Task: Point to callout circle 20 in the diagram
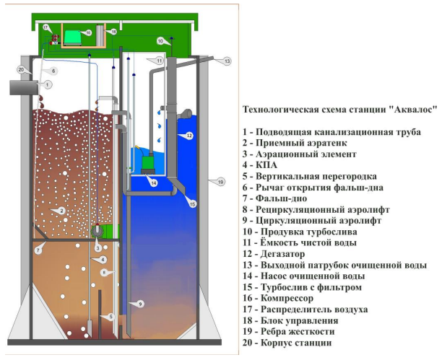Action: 21,69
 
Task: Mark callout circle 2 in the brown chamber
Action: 62,211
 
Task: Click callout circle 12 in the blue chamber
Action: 186,136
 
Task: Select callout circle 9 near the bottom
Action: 132,304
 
